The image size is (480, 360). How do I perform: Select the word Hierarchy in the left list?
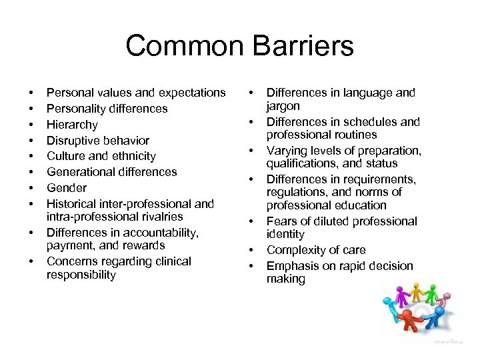[x=72, y=125]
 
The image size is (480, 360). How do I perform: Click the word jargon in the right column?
[x=283, y=106]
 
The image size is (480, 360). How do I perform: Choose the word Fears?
[x=282, y=221]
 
